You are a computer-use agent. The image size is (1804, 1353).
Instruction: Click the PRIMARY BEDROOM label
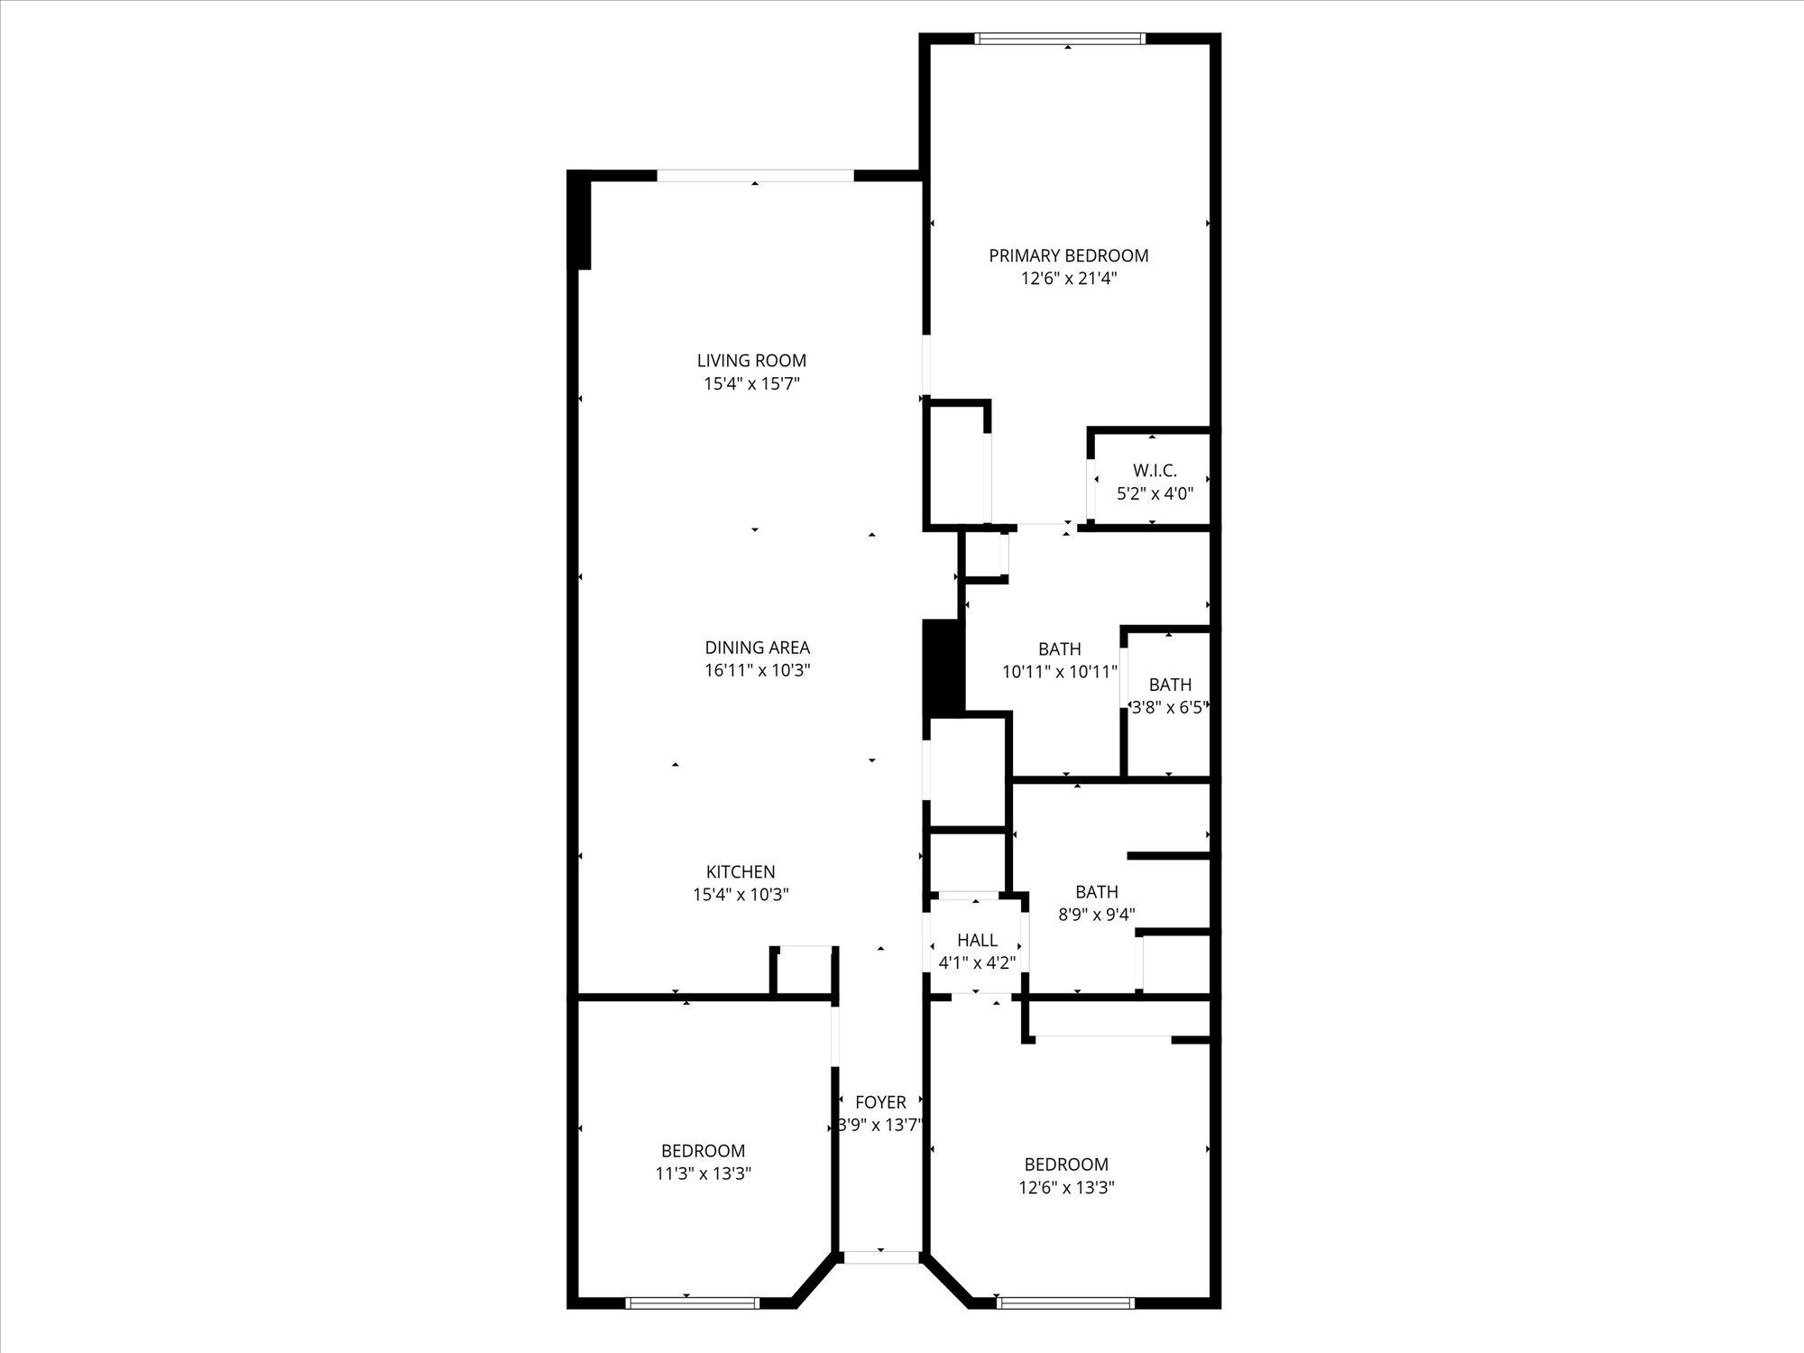tap(1068, 255)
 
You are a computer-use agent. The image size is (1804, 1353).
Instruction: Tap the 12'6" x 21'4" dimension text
tap(1068, 279)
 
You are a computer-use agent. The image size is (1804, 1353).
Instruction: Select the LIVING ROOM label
tap(751, 361)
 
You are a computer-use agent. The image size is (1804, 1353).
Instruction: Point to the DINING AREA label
tap(757, 648)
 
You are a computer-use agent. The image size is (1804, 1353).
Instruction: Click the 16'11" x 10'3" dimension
tap(757, 670)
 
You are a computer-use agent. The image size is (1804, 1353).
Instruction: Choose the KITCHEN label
tap(740, 872)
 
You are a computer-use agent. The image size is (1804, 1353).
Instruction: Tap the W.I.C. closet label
tap(1155, 471)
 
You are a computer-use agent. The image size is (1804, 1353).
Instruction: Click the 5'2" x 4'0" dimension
tap(1155, 493)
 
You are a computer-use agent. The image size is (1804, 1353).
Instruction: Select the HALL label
tap(977, 940)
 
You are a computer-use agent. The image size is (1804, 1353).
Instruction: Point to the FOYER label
tap(880, 1102)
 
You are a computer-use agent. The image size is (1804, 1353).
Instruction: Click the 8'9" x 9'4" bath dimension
tap(1096, 914)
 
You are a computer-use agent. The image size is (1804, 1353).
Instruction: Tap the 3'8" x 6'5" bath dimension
tap(1169, 707)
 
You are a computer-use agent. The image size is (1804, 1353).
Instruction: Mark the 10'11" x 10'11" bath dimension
tap(1059, 671)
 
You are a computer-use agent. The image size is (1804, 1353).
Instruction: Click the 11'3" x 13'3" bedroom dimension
tap(704, 1174)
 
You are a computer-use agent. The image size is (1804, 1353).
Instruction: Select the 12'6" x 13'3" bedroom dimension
tap(1066, 1188)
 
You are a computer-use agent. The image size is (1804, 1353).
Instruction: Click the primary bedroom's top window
tap(1060, 39)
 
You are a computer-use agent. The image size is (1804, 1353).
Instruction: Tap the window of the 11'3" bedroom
tap(692, 1302)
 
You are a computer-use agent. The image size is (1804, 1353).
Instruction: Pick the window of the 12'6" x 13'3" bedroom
tap(1065, 1302)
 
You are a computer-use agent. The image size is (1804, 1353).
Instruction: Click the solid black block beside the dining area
tap(943, 667)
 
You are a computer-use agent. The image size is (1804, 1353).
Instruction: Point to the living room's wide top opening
tap(754, 176)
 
